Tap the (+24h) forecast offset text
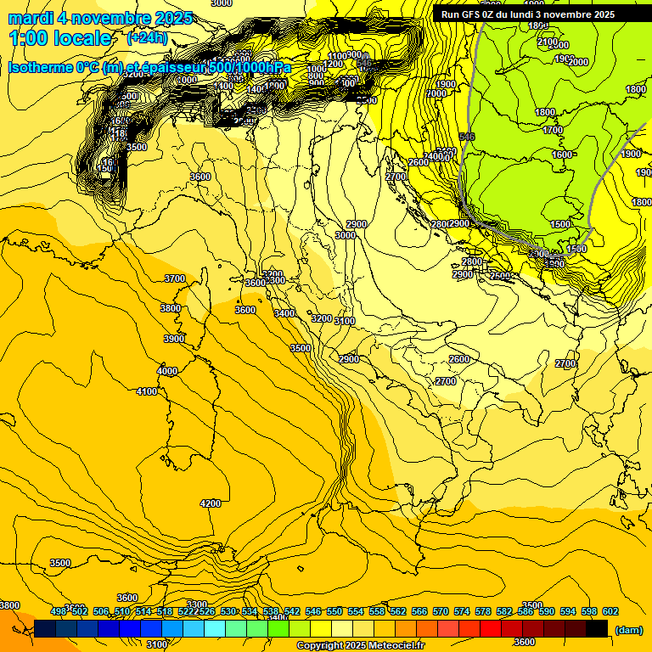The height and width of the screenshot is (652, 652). tap(147, 38)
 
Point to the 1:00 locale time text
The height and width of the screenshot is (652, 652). tap(59, 38)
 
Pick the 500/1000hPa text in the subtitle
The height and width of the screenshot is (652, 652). tap(249, 68)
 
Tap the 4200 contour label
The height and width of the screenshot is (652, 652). tap(211, 503)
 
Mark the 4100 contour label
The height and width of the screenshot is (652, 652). tap(147, 391)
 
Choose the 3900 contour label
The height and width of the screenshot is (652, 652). tap(174, 339)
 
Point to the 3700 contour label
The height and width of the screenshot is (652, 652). tap(175, 278)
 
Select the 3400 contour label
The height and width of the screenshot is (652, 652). tap(284, 313)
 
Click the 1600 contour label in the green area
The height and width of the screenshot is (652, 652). tap(562, 155)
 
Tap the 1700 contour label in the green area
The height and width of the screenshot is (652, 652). tap(553, 131)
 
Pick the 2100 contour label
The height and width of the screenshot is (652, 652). tap(548, 42)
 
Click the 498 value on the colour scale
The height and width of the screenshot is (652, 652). tap(58, 611)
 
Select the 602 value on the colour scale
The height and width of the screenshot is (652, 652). tap(610, 611)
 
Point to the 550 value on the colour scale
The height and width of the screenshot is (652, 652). tap(334, 611)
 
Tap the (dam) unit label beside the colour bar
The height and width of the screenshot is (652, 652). tap(627, 629)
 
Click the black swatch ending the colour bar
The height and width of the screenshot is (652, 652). tap(597, 628)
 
